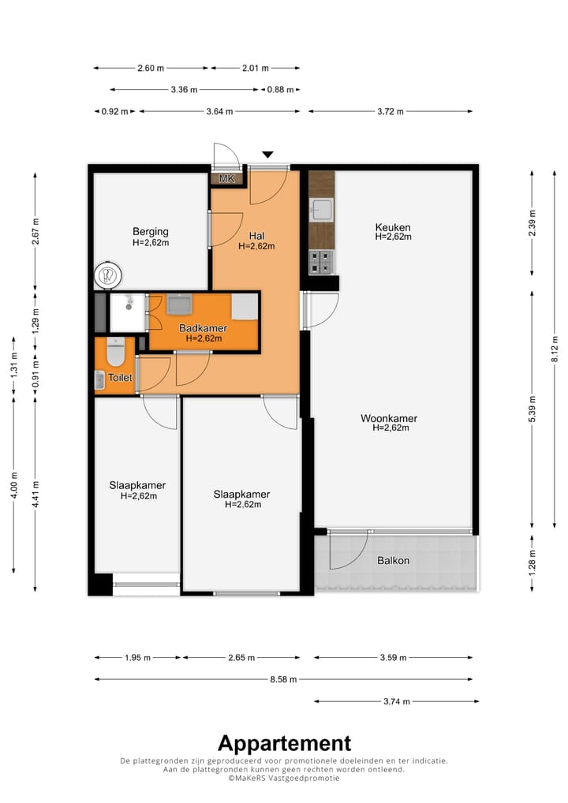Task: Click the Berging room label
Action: pos(151,232)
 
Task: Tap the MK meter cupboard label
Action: pos(227,179)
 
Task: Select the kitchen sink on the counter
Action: pos(322,210)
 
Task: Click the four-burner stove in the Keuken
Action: pos(322,262)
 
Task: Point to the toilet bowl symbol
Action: pos(116,352)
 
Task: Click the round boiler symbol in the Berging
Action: pos(108,275)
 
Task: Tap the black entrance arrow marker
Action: pos(268,155)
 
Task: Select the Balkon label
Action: pos(394,561)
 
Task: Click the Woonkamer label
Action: pos(389,418)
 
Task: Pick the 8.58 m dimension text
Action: pos(283,680)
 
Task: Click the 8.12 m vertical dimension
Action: pos(555,349)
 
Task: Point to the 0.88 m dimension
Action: pos(281,90)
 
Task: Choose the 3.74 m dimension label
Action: pos(397,701)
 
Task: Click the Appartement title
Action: pos(284,743)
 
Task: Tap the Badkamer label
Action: pos(203,328)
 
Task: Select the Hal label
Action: pos(256,236)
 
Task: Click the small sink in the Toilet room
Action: pos(99,379)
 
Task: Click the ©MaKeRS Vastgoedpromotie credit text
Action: pos(284,778)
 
